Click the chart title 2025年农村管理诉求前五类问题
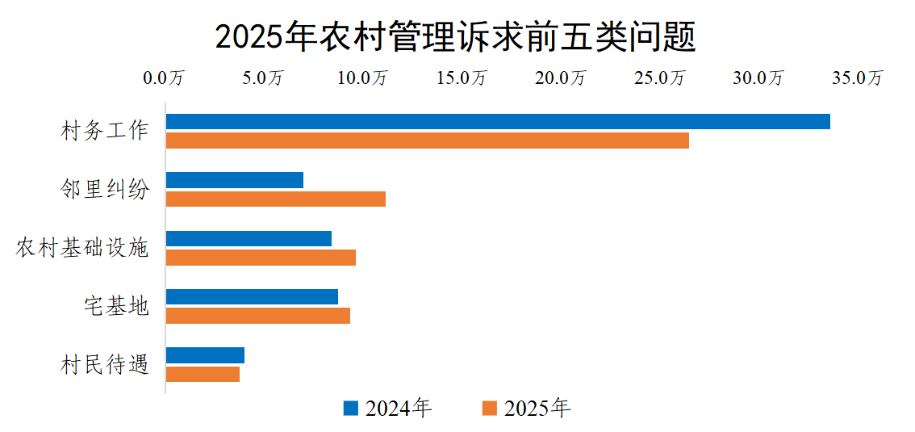tap(456, 37)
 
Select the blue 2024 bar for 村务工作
tap(498, 122)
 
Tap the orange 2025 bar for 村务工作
tap(428, 141)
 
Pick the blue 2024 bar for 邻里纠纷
tap(235, 180)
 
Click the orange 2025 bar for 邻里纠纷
tap(276, 199)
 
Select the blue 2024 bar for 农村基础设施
tap(249, 238)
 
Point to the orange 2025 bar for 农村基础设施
tap(261, 258)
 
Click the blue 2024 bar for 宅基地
tap(252, 296)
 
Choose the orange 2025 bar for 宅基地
tap(258, 316)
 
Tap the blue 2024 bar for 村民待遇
tap(205, 355)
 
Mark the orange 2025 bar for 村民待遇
tap(203, 374)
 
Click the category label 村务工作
tap(105, 131)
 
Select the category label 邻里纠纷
tap(105, 189)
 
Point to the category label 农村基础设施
tap(82, 248)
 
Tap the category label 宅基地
tap(116, 306)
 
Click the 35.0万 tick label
tap(857, 78)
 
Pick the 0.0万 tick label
tap(165, 78)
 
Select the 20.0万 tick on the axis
tap(561, 78)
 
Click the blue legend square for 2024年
tap(350, 408)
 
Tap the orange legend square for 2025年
tap(489, 408)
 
